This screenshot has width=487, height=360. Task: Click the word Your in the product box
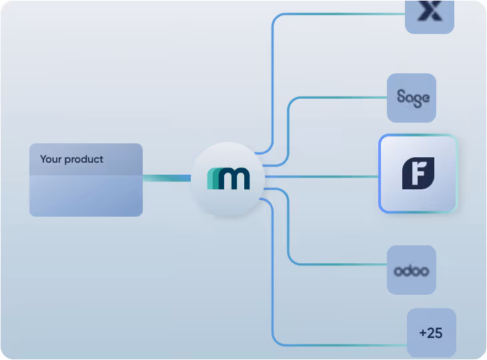point(51,160)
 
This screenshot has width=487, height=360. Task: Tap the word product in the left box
point(84,160)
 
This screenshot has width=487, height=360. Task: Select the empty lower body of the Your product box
point(85,196)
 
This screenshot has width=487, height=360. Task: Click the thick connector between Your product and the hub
point(167,178)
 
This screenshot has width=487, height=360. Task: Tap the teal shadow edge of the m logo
point(211,179)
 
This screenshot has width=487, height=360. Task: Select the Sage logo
point(412,97)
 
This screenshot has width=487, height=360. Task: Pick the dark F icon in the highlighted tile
point(418,173)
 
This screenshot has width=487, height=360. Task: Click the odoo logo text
point(411,271)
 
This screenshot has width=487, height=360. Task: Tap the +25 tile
point(431,333)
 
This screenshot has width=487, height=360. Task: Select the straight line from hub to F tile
point(320,177)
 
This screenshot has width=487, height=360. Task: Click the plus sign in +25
point(422,333)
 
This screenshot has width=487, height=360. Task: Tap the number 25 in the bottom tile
point(435,333)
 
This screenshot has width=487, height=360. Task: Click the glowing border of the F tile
point(380,173)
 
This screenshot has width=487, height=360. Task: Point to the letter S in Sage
point(402,97)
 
